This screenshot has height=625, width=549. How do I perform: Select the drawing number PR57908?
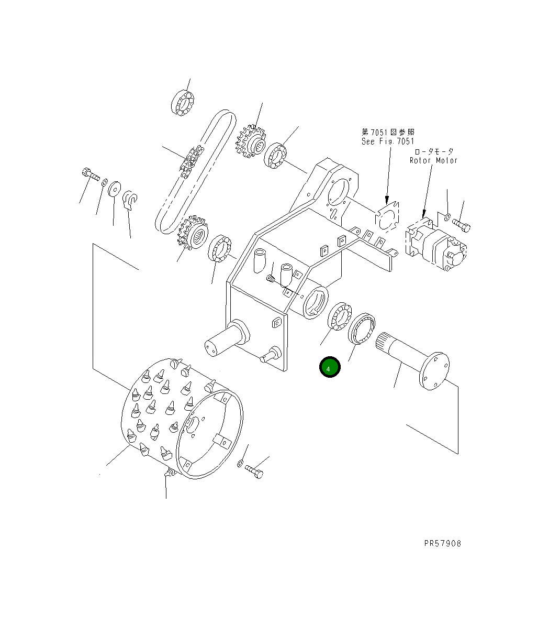coord(442,543)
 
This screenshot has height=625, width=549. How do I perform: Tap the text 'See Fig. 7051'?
coord(388,141)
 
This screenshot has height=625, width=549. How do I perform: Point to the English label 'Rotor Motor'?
coord(433,160)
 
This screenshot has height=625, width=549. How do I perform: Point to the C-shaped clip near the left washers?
coord(130,200)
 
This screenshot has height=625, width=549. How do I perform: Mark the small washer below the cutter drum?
coord(240,463)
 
